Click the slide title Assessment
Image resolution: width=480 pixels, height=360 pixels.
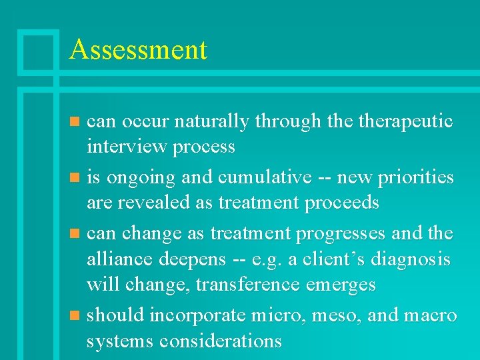(x=138, y=50)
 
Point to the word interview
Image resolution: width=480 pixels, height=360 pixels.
(x=126, y=147)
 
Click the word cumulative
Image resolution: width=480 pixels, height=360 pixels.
(x=265, y=178)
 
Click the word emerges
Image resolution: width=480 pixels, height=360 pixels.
(x=343, y=284)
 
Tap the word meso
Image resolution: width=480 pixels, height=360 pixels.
(x=337, y=315)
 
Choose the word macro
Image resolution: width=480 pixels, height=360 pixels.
(x=429, y=315)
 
